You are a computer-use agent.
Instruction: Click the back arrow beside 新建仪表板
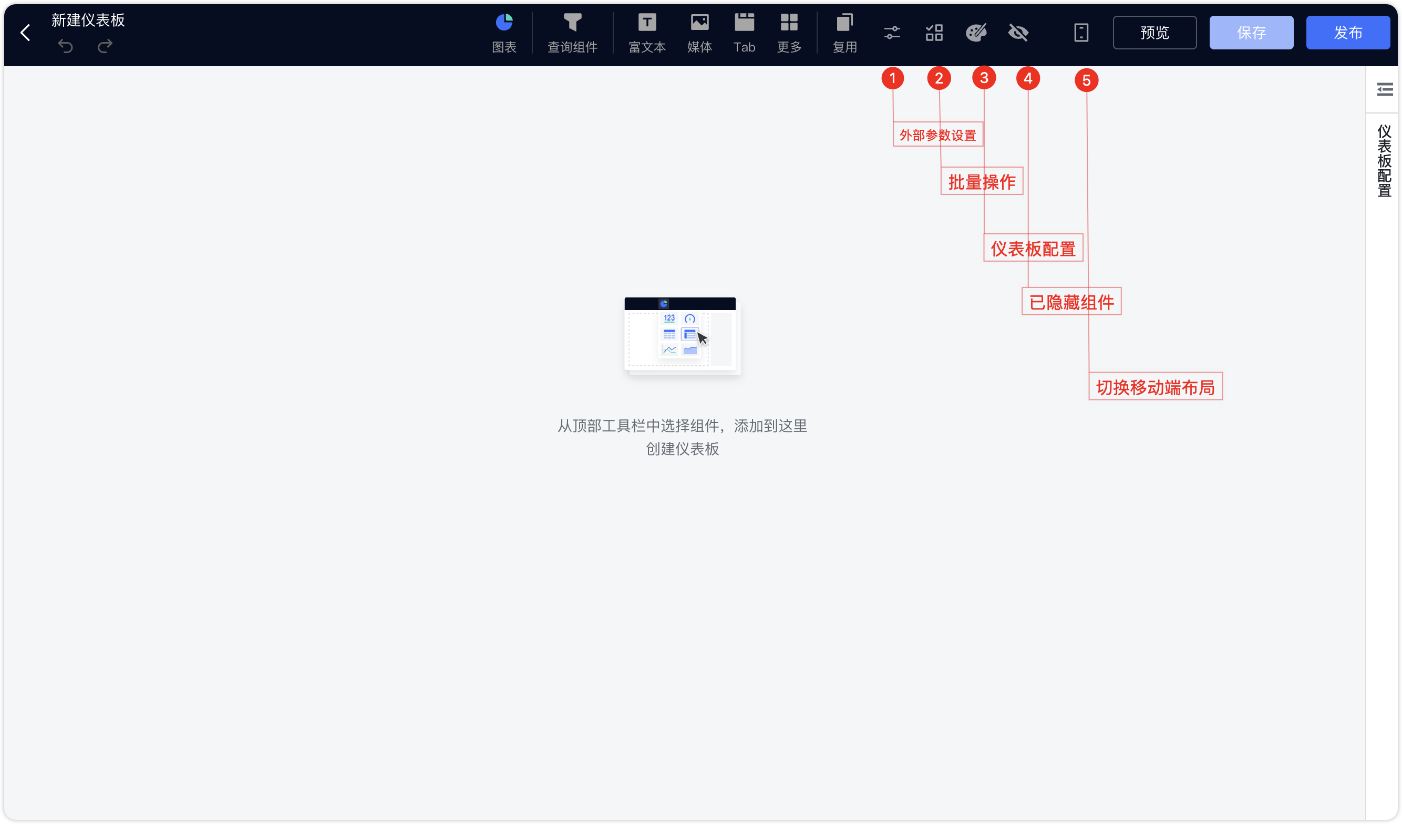25,33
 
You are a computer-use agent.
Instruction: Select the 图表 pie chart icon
504,22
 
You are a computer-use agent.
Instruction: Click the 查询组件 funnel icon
572,22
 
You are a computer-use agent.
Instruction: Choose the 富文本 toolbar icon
647,22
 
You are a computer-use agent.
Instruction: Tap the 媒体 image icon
699,22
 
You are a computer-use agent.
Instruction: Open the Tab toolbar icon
745,22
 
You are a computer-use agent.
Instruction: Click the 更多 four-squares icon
789,22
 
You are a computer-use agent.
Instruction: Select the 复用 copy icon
844,22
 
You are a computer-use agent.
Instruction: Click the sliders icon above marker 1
892,33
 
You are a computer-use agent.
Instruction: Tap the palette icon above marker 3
976,33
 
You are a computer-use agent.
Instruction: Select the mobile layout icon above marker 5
1081,33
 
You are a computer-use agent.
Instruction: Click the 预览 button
1154,33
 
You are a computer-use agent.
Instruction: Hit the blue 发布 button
1347,33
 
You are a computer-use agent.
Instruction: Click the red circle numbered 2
939,78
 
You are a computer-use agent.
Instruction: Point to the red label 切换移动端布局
1155,386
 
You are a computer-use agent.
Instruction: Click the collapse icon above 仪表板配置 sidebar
1385,89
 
